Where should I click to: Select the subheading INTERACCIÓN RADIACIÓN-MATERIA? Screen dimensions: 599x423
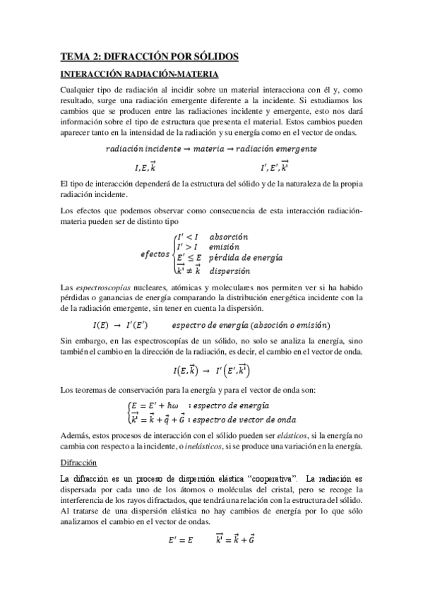point(139,73)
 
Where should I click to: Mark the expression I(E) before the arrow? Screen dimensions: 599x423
point(101,324)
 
